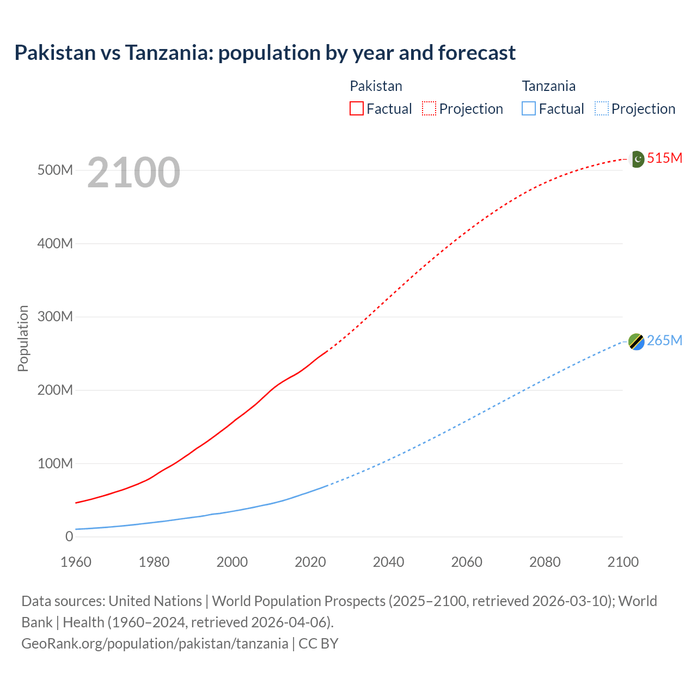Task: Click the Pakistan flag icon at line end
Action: tap(637, 159)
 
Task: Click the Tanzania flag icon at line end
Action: tap(637, 341)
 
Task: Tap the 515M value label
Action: tap(664, 158)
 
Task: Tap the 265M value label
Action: tap(664, 340)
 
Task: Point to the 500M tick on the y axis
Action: tap(55, 170)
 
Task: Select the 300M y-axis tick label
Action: tap(55, 316)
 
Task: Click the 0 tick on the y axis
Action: tap(69, 536)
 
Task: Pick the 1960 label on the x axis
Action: tap(76, 562)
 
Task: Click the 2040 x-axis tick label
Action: tap(388, 562)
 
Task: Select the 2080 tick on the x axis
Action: tap(545, 562)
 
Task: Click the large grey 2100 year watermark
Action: tap(133, 173)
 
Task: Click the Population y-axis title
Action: tap(23, 339)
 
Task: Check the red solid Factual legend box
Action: tap(356, 108)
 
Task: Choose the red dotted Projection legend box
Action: tap(429, 108)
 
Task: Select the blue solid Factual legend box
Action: tap(529, 108)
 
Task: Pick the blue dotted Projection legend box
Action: tap(602, 108)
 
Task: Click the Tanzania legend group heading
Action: tap(548, 86)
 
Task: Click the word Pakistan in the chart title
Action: tap(54, 53)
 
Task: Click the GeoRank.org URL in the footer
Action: tap(155, 643)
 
